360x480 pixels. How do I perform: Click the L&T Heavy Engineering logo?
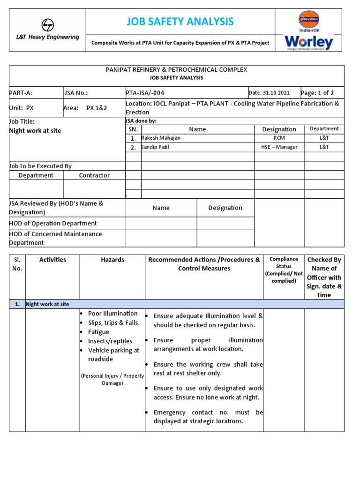47,30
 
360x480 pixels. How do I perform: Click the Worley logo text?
309,43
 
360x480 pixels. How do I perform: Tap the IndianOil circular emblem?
309,19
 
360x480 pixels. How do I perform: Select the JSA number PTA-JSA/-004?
145,93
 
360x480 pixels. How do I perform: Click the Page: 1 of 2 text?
317,93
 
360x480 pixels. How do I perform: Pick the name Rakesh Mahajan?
161,138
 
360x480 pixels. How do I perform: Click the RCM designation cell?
279,138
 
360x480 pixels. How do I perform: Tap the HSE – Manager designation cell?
279,147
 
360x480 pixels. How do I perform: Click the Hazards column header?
112,260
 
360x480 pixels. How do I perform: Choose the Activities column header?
52,260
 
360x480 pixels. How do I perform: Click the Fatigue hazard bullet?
99,332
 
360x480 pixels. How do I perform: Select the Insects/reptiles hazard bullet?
110,341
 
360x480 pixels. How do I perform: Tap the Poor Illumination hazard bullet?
112,314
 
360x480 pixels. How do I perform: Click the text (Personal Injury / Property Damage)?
112,379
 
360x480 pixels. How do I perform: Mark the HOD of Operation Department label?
53,224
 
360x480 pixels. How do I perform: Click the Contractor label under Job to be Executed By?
94,175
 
